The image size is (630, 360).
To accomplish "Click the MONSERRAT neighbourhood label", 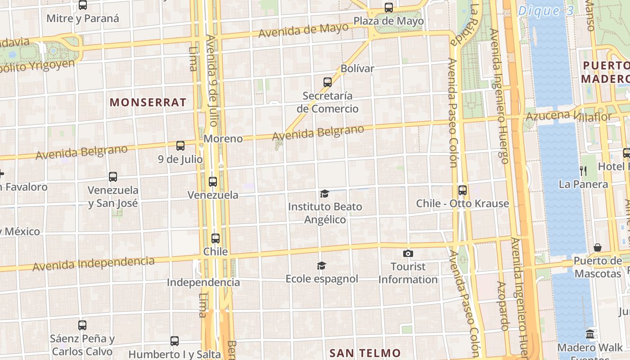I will point(148,102).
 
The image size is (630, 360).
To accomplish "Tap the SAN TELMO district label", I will point(365,353).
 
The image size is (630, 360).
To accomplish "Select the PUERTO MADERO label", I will point(605,72).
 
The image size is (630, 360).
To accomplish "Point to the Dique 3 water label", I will point(545,11).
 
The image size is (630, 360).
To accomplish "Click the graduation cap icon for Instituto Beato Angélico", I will point(324,194).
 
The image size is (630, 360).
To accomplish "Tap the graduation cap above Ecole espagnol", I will point(321,265).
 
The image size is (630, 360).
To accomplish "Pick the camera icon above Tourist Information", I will point(408,254).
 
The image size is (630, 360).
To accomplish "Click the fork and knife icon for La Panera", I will point(583,171).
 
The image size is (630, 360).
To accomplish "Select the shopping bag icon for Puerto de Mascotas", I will point(598,247).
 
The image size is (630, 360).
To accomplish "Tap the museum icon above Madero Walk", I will point(590,334).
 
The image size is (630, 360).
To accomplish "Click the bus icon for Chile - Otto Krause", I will point(463,190).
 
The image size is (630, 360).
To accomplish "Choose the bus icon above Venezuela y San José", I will point(113,177).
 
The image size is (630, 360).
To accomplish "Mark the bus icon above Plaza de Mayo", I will point(389,8).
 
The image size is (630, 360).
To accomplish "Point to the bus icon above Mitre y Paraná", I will point(83,5).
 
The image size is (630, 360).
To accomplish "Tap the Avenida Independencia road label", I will point(93,264).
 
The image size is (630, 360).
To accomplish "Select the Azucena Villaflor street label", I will point(569,116).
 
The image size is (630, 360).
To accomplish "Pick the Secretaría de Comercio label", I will point(328,102).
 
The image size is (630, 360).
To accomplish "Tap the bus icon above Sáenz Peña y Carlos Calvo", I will point(82,325).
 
